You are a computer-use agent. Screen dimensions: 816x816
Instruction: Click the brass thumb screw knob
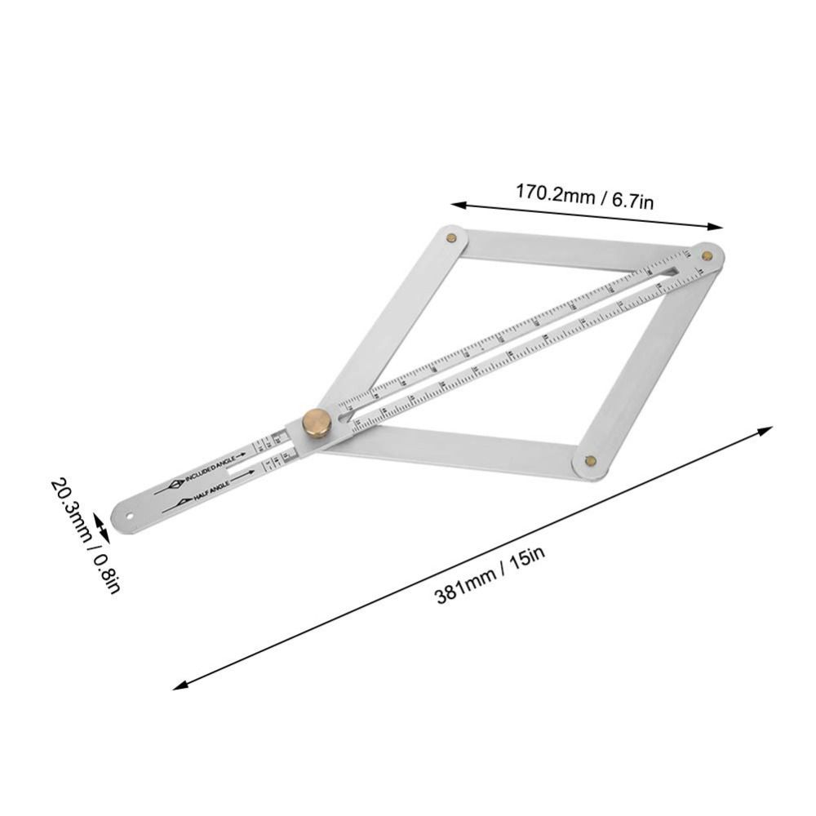(x=314, y=423)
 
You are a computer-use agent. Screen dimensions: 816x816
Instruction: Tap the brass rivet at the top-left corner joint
(x=451, y=237)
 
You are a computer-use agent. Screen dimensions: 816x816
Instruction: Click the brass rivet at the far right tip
(x=707, y=255)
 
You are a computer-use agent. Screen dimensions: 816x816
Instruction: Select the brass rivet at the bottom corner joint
(x=591, y=462)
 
